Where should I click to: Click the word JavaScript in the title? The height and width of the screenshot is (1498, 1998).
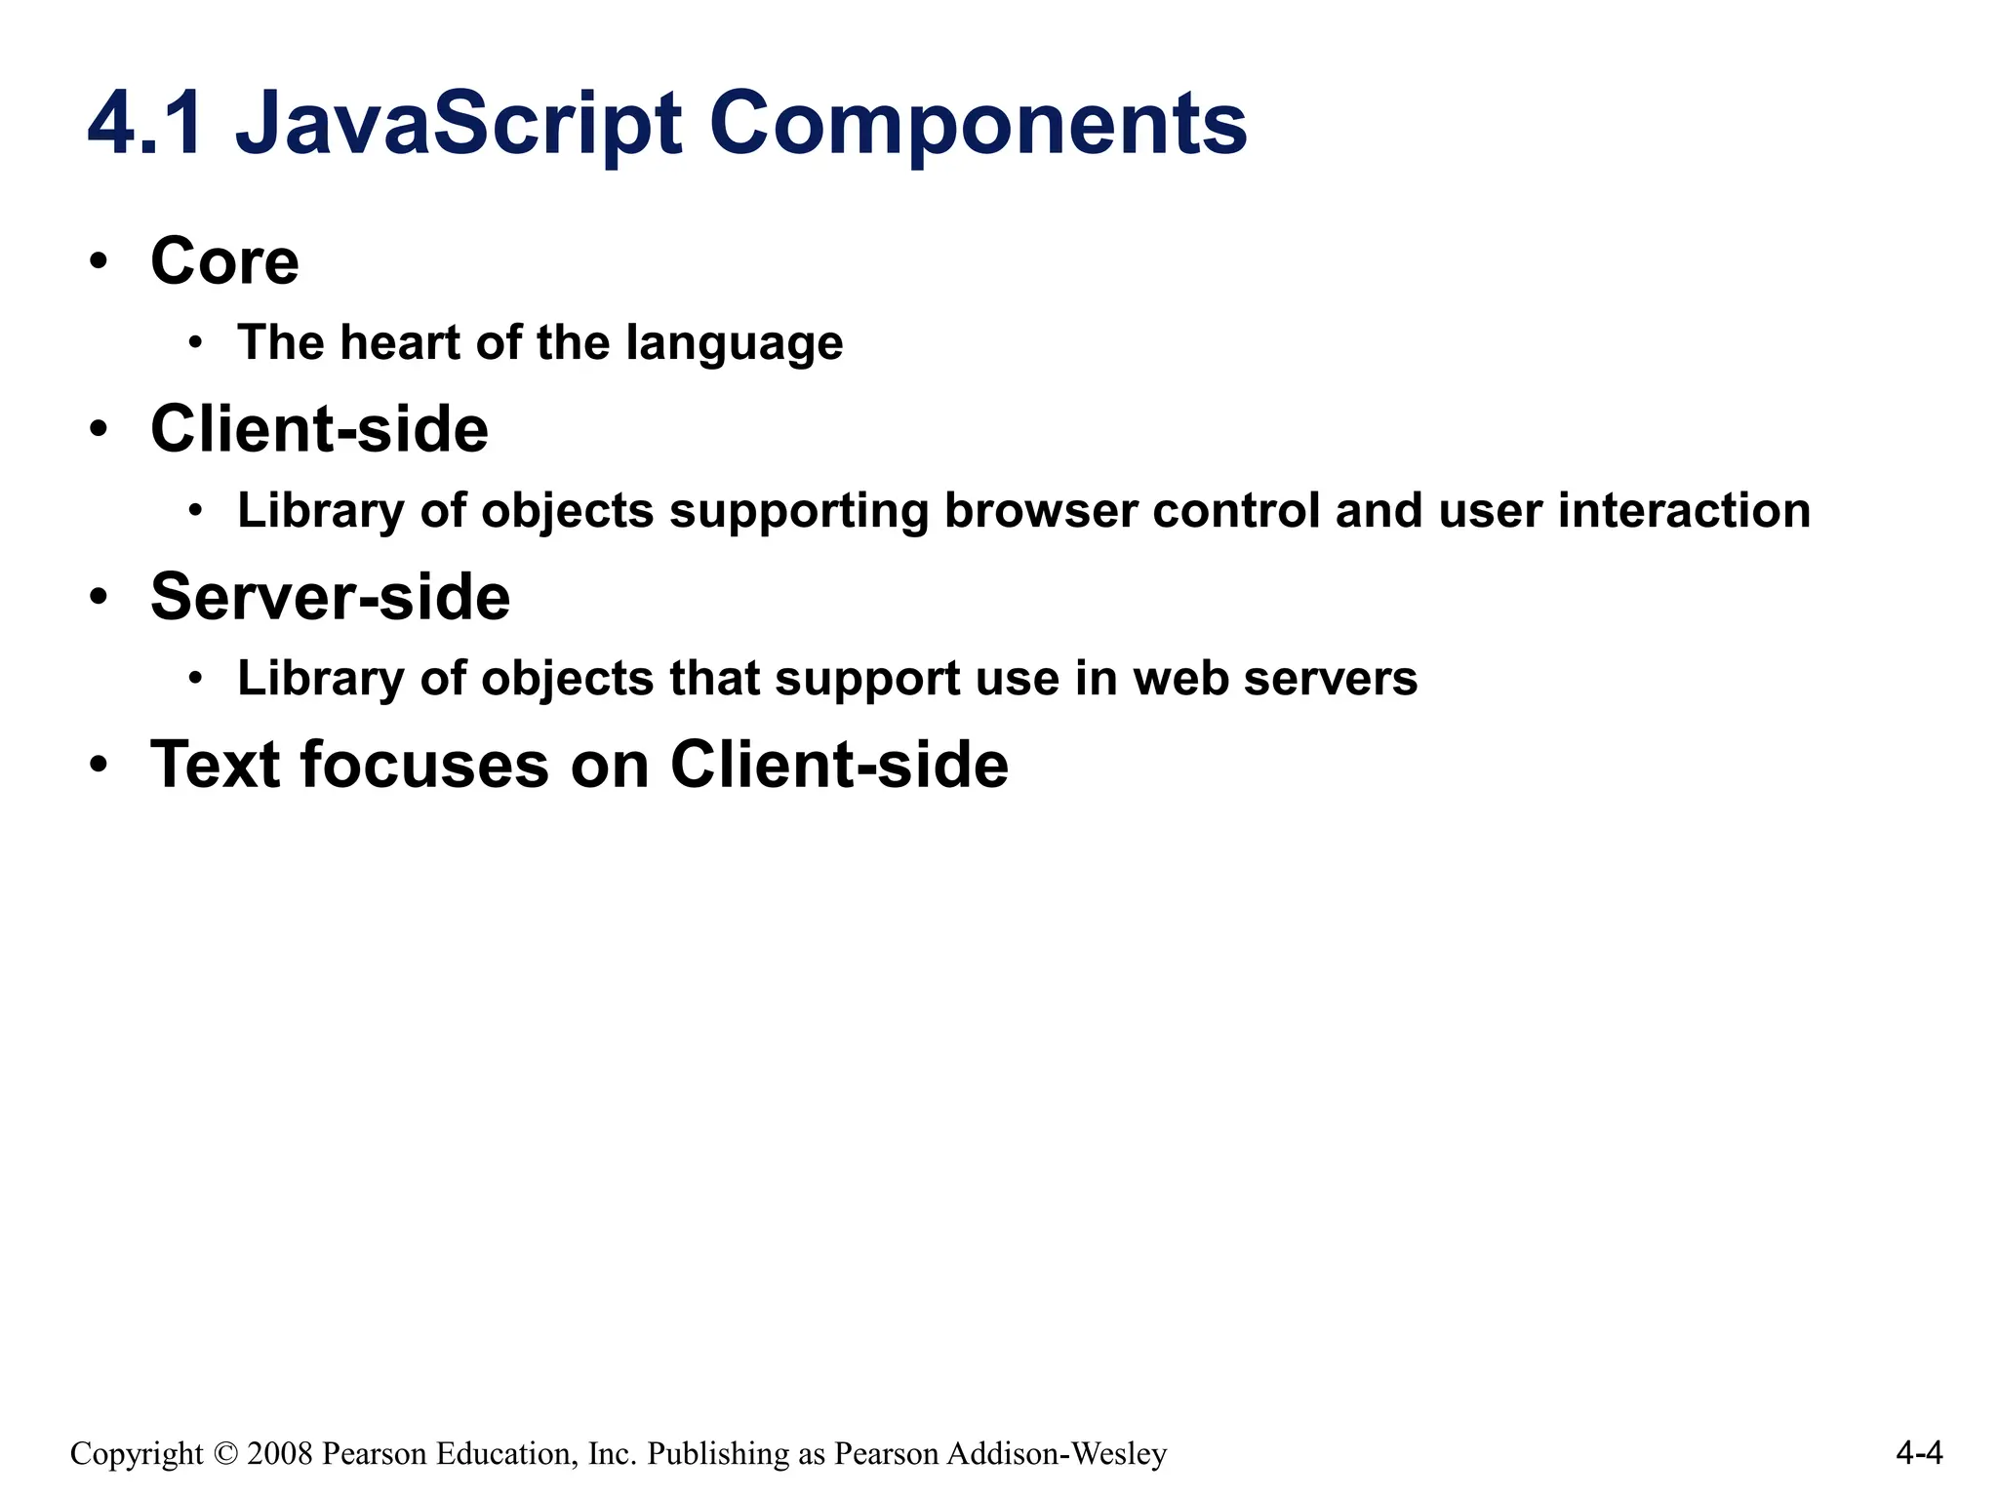(459, 124)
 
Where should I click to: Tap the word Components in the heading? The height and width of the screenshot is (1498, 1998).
(978, 124)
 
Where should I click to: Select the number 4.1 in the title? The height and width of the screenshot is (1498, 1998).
(146, 124)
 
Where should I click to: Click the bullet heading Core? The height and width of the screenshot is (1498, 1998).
(224, 261)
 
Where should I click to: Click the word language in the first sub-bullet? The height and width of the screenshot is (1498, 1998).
(734, 344)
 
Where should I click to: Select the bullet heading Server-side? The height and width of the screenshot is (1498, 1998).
(330, 597)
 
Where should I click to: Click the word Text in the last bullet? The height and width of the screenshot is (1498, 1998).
(215, 765)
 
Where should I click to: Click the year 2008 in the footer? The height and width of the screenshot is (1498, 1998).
(280, 1454)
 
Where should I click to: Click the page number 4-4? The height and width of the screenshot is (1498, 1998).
(1919, 1454)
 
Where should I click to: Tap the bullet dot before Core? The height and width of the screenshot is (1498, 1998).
(98, 261)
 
